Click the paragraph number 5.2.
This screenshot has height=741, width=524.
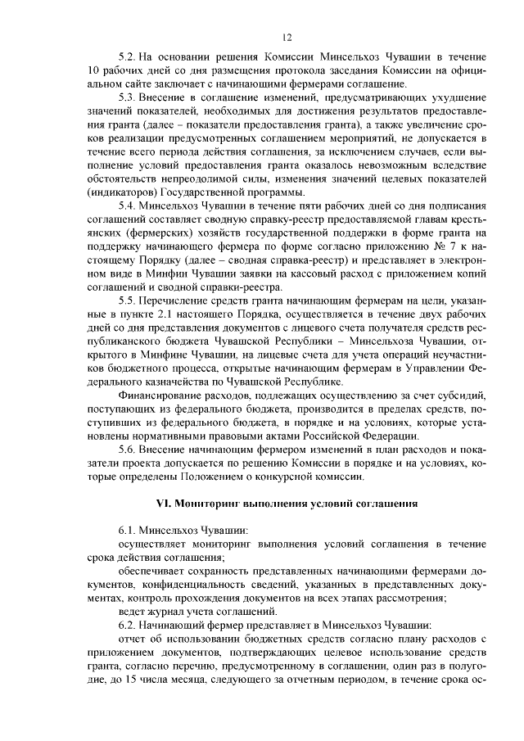coord(126,57)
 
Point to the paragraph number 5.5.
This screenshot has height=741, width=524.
coord(126,300)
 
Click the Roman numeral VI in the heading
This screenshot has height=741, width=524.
coord(162,503)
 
